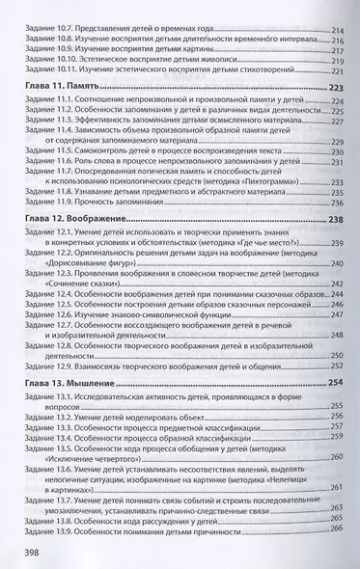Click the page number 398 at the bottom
click(x=28, y=551)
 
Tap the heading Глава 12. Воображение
click(x=75, y=246)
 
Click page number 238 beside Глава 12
click(x=336, y=246)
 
